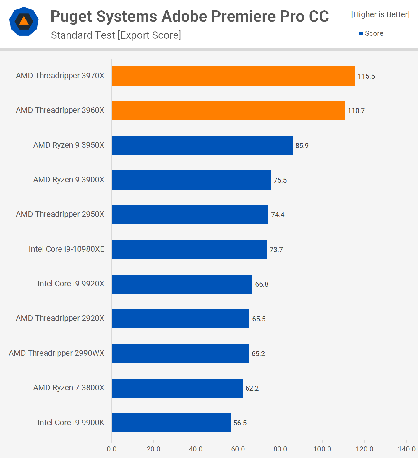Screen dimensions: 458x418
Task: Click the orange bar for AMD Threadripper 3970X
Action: point(233,76)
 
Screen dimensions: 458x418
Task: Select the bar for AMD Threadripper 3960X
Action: point(228,111)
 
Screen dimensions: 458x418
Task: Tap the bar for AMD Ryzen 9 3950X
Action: point(202,145)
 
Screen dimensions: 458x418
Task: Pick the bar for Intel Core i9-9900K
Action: point(171,423)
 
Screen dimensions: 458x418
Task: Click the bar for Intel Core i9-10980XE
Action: point(189,249)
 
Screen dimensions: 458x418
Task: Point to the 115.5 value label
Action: point(366,76)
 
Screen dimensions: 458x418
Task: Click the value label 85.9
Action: point(302,146)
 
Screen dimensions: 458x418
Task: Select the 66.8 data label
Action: point(262,284)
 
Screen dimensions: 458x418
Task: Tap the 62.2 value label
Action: point(252,388)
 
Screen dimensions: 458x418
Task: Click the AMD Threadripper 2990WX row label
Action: point(56,353)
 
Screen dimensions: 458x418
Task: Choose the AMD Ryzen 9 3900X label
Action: point(69,180)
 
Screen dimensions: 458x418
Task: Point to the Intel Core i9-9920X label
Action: point(71,284)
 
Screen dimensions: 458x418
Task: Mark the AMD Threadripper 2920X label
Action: point(60,318)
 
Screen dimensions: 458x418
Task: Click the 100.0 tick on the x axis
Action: point(322,449)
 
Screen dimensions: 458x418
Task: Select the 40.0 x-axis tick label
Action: point(196,449)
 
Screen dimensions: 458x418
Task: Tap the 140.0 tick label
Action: point(407,449)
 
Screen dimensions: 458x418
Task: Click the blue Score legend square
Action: point(361,34)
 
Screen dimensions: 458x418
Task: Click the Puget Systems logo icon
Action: point(24,21)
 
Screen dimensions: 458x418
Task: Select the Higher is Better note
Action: point(380,14)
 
